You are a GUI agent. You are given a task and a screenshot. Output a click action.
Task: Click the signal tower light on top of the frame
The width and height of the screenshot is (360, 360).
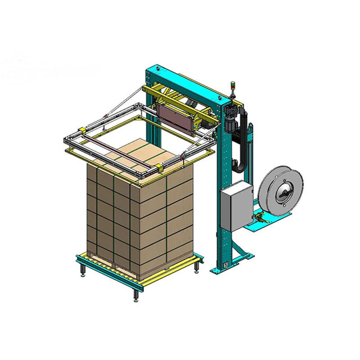click(233, 86)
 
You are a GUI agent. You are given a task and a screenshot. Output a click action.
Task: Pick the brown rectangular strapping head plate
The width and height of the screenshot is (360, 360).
click(176, 116)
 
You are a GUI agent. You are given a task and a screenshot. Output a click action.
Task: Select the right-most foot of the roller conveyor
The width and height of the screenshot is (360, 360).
click(197, 269)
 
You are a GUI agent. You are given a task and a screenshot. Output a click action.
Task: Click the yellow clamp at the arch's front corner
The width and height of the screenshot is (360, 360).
click(160, 169)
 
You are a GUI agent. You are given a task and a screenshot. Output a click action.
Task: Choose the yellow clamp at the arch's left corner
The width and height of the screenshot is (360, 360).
click(82, 131)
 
